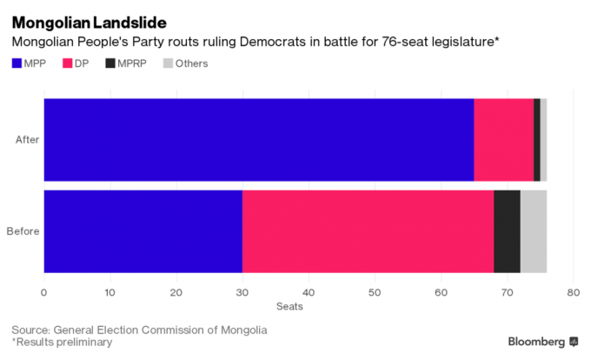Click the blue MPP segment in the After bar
258,139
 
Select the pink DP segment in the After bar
503,139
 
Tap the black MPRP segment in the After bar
537,139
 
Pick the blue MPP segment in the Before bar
143,231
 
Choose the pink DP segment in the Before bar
368,231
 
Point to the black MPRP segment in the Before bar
507,231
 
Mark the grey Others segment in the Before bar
533,231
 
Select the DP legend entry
82,63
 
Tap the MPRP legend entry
127,63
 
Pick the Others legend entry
184,63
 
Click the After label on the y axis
26,139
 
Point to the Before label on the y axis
23,231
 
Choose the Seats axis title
290,306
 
